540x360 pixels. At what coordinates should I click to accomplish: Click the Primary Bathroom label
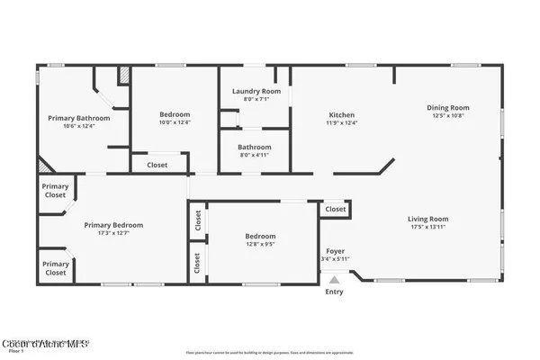(x=79, y=118)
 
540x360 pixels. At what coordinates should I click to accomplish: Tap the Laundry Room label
(x=256, y=92)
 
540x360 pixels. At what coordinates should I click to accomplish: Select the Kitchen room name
(x=342, y=115)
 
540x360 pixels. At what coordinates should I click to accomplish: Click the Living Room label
(x=428, y=219)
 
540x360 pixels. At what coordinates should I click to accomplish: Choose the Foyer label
(x=335, y=251)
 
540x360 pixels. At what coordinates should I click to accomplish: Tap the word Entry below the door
(x=334, y=291)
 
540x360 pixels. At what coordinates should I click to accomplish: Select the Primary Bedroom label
(x=113, y=225)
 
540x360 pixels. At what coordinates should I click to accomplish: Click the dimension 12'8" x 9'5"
(x=260, y=243)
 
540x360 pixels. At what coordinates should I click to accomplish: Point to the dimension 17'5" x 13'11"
(x=428, y=227)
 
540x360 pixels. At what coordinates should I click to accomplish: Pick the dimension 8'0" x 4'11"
(x=255, y=155)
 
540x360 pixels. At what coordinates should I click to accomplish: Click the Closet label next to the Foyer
(x=336, y=209)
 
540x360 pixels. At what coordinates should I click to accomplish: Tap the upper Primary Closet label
(x=55, y=190)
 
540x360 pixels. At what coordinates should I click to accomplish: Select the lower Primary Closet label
(x=55, y=267)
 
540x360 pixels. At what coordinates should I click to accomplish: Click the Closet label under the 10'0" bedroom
(x=157, y=165)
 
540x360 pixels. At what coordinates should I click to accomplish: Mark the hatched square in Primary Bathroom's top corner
(x=125, y=76)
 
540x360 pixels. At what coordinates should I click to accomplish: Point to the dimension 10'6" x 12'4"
(x=79, y=126)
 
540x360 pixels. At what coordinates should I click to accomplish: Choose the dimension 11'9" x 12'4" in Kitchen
(x=342, y=123)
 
